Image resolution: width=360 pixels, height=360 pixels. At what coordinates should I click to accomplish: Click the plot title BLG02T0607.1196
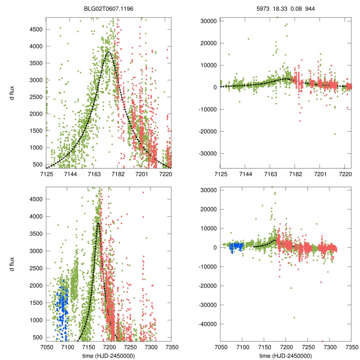tap(109, 8)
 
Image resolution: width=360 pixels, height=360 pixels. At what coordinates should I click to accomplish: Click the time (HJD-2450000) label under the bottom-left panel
tap(109, 356)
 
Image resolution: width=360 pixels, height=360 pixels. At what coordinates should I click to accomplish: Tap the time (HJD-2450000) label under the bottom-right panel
tap(285, 356)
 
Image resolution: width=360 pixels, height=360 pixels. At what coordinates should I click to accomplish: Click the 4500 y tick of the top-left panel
tap(35, 29)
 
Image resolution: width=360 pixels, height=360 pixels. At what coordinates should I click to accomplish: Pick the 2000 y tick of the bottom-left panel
tap(35, 285)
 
